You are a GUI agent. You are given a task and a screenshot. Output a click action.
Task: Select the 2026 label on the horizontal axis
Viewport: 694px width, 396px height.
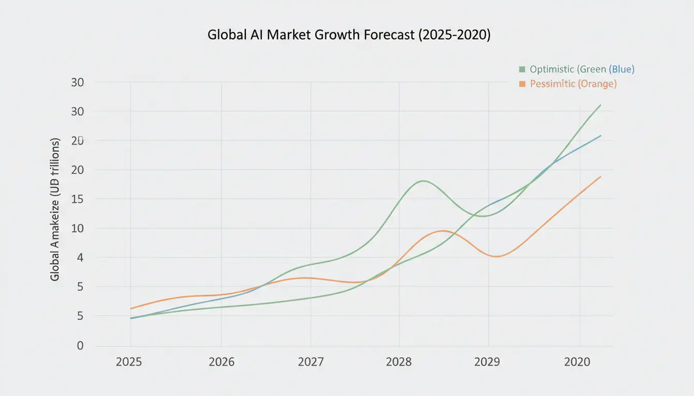click(222, 362)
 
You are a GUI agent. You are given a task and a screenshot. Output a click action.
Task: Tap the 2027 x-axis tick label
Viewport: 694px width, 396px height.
click(311, 362)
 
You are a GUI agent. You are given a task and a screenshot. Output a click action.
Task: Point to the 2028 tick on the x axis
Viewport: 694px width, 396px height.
click(399, 362)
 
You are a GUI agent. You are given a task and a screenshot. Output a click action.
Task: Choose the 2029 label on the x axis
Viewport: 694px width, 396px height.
click(487, 362)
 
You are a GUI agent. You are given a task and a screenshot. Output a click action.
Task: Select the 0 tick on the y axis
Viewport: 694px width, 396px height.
click(80, 345)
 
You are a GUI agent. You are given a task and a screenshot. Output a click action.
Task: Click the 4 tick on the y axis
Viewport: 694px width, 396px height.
click(80, 257)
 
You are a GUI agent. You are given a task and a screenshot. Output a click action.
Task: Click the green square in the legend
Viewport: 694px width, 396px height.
click(522, 69)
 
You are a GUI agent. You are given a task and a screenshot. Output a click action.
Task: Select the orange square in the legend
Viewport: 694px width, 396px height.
click(522, 84)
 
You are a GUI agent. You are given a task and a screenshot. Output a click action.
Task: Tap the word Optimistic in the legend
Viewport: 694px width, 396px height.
click(551, 69)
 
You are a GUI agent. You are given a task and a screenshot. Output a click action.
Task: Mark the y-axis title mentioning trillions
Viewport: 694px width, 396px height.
click(55, 209)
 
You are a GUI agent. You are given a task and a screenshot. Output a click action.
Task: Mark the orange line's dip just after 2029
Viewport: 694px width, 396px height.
click(496, 256)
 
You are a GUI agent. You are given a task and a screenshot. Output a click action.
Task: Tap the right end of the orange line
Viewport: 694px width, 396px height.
click(601, 176)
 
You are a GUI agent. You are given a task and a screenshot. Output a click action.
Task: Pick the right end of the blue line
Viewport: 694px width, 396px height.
click(601, 136)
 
